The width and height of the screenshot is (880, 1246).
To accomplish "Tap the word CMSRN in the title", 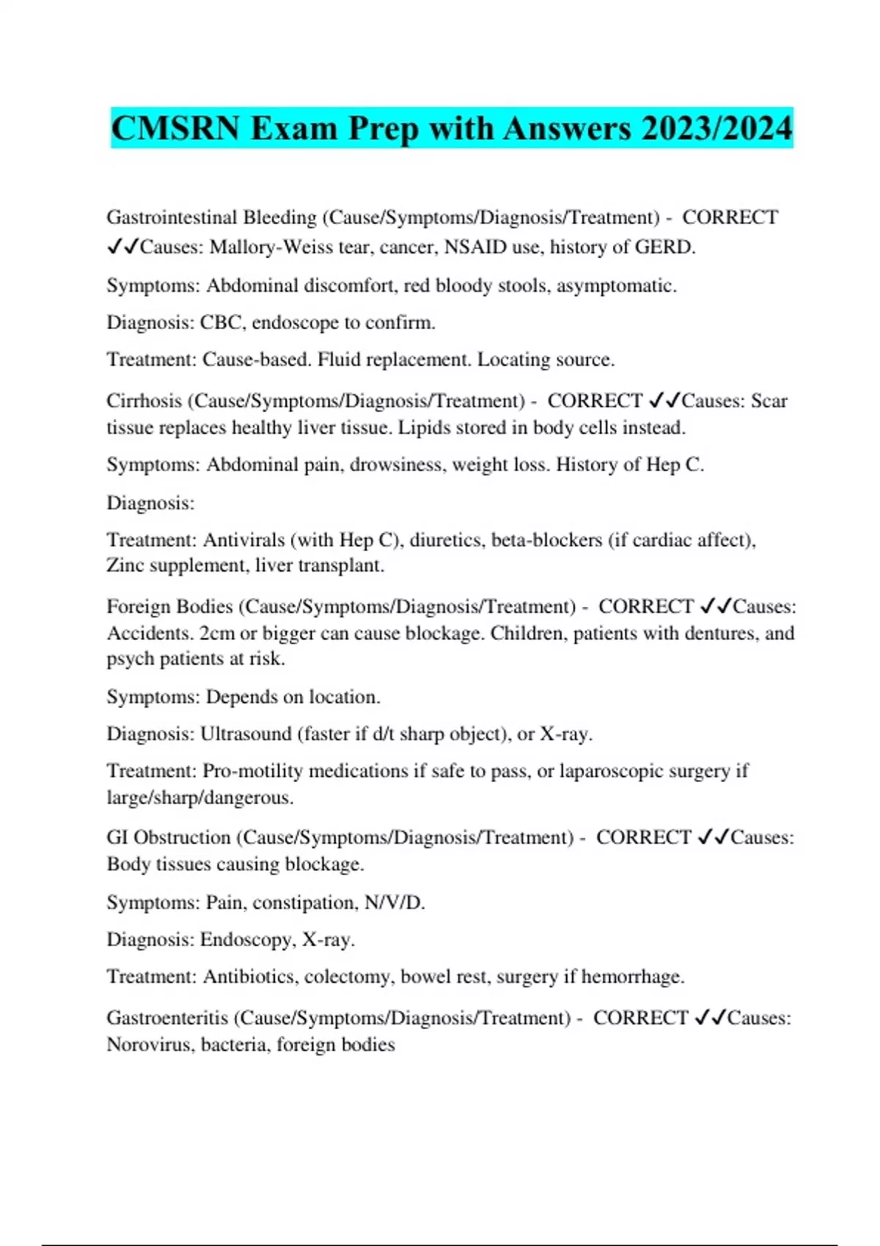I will [175, 129].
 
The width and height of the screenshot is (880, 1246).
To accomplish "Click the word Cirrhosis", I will [144, 401].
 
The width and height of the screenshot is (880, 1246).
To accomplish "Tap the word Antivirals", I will [243, 540].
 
